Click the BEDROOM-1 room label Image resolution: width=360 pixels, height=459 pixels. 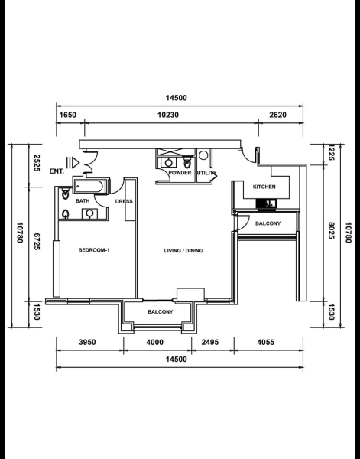95,250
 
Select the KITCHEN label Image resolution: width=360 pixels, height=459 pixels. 264,187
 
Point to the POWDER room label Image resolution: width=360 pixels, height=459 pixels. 180,173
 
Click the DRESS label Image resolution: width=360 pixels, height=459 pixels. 124,201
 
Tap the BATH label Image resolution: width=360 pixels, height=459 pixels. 83,201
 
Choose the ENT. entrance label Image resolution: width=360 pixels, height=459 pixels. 56,171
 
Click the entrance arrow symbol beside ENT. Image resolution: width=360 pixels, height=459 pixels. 73,162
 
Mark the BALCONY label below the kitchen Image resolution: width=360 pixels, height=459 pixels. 268,223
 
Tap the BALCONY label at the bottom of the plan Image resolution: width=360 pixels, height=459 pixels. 160,312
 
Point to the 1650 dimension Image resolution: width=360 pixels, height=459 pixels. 69,115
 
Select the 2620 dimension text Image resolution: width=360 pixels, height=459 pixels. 277,115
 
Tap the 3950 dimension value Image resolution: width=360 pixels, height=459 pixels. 86,343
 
